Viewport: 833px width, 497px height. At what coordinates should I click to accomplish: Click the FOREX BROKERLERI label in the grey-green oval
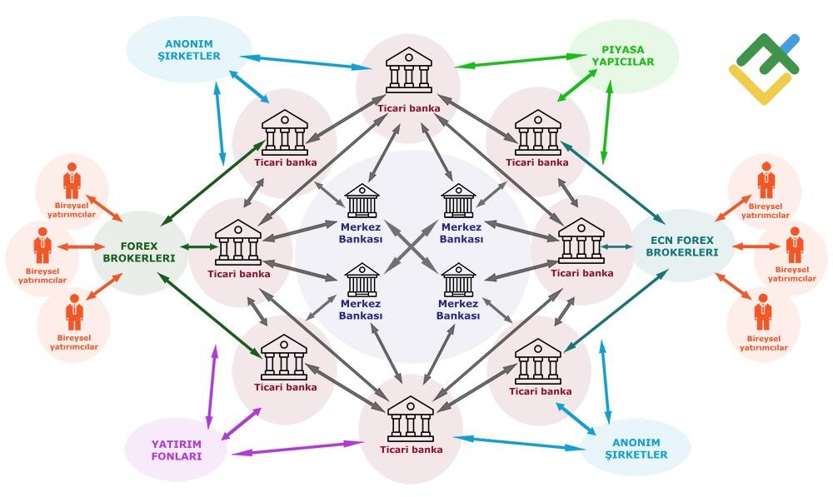(138, 251)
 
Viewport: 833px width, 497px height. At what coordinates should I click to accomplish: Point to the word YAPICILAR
(622, 62)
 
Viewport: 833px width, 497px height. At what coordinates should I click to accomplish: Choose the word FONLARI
(176, 455)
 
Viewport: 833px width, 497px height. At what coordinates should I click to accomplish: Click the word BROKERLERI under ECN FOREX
(683, 252)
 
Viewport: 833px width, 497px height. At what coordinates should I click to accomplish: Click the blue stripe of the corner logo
(788, 42)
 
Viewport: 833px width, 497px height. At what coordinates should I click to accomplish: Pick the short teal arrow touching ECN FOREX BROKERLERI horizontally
(617, 246)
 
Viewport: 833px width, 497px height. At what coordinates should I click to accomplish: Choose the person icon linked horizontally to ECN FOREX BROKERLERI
(793, 246)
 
